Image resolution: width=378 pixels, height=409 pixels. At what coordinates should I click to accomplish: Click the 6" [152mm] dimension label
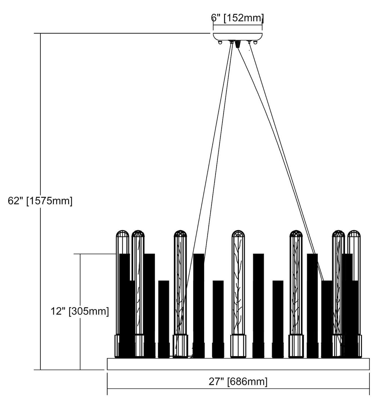point(237,18)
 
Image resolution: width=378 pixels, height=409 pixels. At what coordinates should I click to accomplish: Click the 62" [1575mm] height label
point(40,201)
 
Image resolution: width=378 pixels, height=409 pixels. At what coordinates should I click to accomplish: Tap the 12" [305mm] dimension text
point(80,311)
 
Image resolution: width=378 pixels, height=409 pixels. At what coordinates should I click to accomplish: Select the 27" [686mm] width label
point(238,381)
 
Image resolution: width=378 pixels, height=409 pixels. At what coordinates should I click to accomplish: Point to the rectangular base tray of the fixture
point(238,364)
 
